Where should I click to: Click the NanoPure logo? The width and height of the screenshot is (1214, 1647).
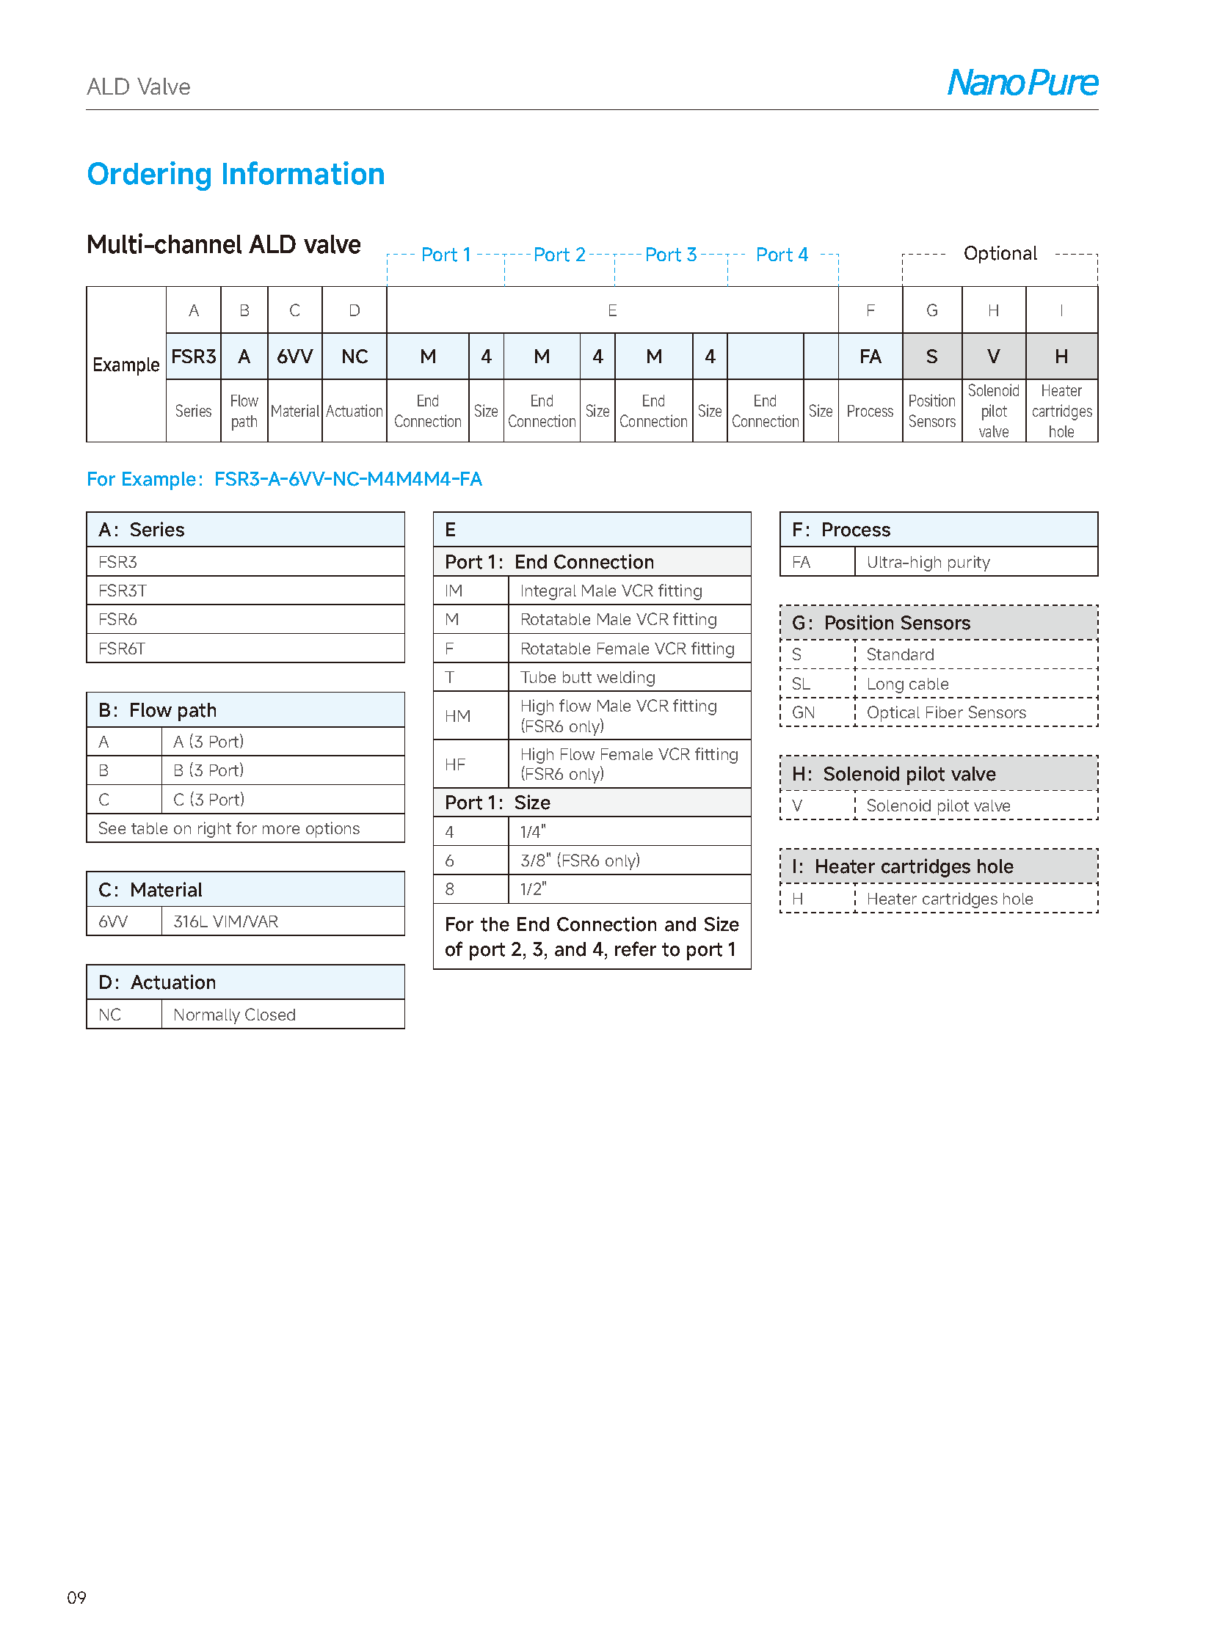[1022, 82]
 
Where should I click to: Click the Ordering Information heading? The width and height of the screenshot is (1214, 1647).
[235, 174]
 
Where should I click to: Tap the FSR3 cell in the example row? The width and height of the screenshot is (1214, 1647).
[193, 357]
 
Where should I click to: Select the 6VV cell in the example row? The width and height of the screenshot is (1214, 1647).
[294, 357]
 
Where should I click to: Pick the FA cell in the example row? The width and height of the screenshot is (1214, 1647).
[870, 357]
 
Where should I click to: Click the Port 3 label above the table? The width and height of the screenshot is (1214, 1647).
[670, 255]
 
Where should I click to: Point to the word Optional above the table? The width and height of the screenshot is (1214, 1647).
[1000, 253]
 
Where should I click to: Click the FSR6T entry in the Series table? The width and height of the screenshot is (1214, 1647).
[122, 649]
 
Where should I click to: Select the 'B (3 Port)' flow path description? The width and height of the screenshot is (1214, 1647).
[208, 770]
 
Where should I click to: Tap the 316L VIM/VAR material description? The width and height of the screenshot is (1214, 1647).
[225, 921]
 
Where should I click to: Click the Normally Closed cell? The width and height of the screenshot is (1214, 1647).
[234, 1015]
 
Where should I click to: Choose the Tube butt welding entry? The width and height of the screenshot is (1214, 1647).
[587, 677]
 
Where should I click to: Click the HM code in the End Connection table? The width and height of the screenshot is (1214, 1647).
[457, 715]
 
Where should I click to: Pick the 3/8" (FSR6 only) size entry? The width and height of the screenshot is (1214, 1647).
[580, 861]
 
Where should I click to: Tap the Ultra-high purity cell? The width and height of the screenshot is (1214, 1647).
[928, 562]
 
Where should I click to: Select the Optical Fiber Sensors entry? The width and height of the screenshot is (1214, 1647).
[946, 712]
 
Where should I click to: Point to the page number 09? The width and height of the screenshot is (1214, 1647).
[76, 1597]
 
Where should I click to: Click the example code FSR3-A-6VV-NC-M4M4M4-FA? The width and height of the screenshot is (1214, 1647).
[348, 479]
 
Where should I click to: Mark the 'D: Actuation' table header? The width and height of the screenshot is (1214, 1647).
[157, 982]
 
